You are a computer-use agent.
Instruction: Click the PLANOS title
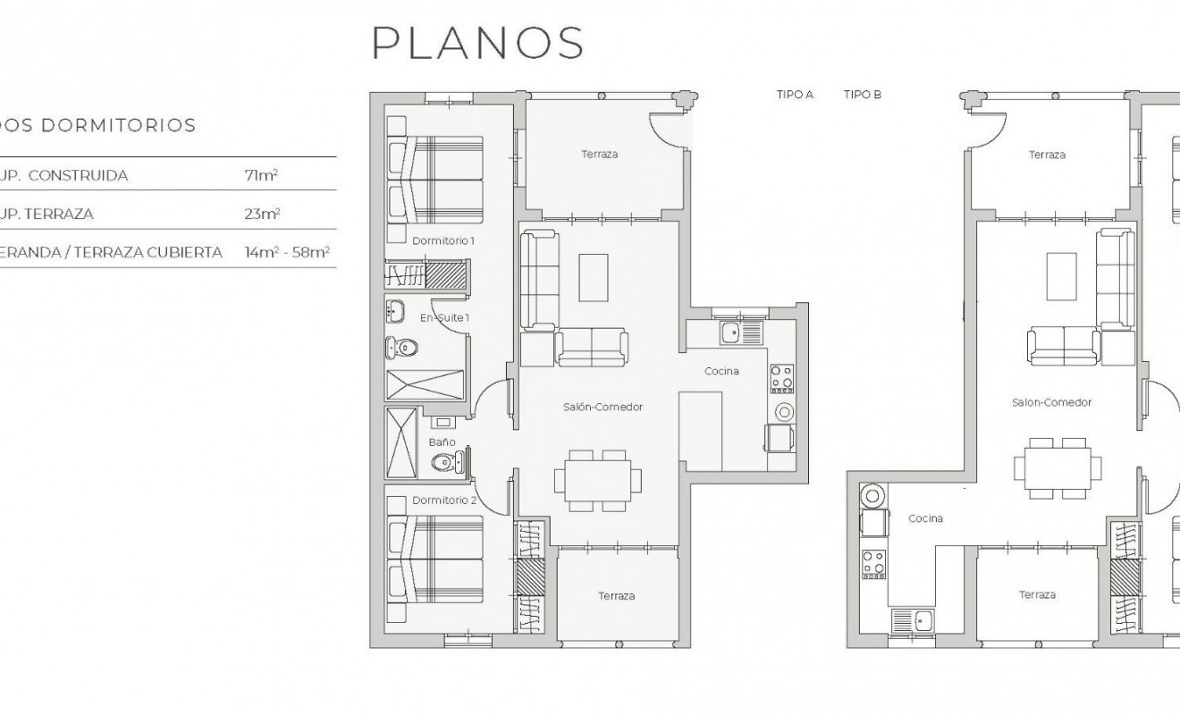coord(478,42)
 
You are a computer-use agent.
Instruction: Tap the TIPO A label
coord(795,94)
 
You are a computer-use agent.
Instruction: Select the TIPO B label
coord(863,94)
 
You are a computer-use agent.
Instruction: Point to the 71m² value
coord(261,175)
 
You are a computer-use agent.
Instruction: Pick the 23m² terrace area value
coord(262,214)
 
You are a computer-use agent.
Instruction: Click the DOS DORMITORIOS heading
coord(97,125)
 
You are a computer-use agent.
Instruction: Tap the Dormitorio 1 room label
coord(443,241)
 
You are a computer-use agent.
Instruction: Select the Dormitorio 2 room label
coord(444,500)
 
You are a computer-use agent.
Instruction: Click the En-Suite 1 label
coord(444,317)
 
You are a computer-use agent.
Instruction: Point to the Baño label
coord(442,442)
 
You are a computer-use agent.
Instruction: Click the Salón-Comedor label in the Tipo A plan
coord(603,407)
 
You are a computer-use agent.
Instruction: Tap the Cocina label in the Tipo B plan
coord(925,518)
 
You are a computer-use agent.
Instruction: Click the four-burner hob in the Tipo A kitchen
coord(781,378)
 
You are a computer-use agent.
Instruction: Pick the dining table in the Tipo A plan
coord(598,481)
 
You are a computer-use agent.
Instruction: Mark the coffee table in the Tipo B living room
coord(1061,276)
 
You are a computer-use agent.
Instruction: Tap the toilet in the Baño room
coord(443,462)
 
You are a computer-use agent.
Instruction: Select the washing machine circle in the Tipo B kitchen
coord(872,495)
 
